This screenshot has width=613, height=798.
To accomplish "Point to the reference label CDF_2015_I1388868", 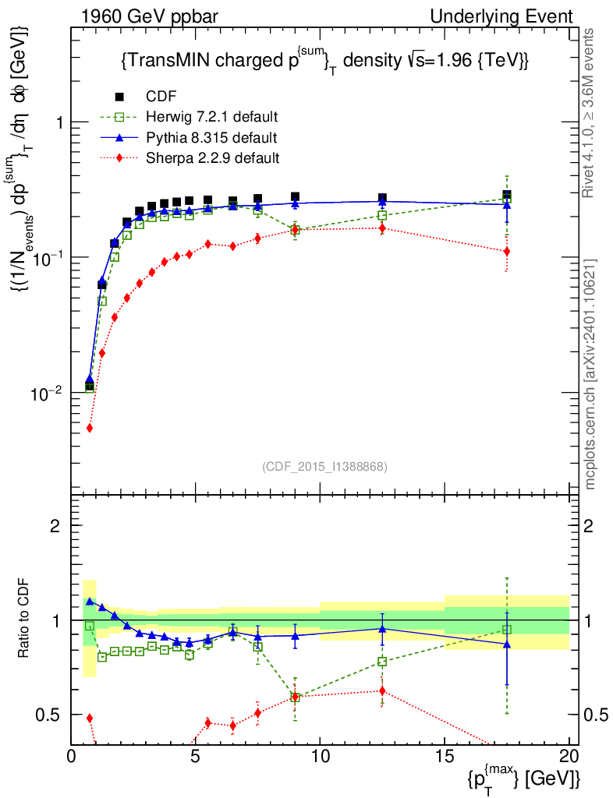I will click(x=324, y=466).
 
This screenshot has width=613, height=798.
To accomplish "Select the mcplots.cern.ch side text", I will click(x=591, y=374).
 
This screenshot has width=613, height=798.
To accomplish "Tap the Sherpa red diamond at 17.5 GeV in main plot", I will click(x=507, y=251).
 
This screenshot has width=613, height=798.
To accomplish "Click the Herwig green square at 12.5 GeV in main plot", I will click(x=382, y=215).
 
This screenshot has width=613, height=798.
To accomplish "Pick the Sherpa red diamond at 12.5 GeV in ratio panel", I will click(x=382, y=690).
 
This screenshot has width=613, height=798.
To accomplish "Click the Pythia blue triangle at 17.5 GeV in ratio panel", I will click(x=507, y=644).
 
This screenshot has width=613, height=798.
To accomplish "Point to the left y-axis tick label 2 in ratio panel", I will click(x=55, y=525).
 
